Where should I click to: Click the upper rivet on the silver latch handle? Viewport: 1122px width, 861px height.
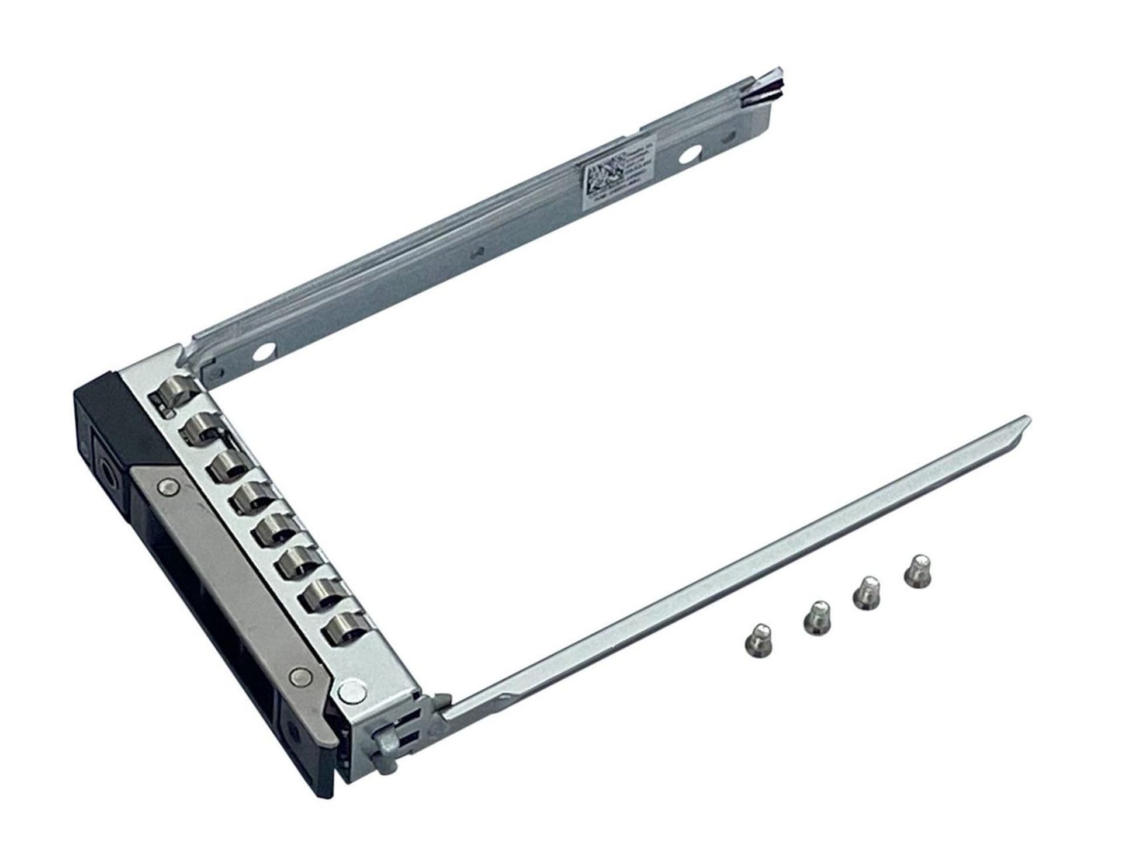(x=168, y=468)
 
